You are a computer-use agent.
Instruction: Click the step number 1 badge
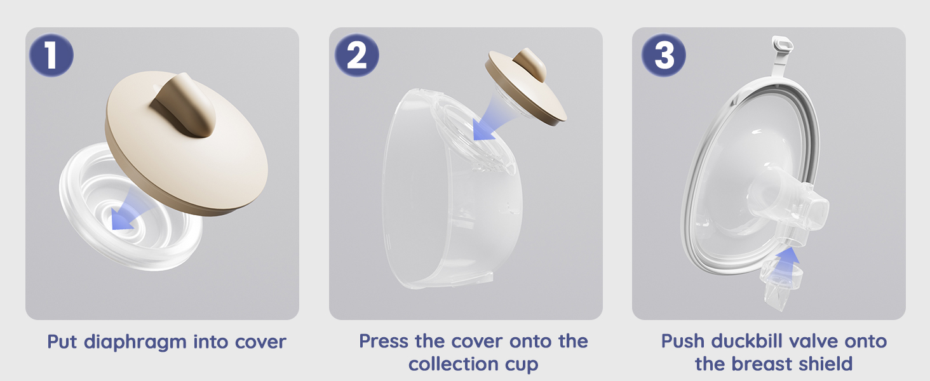click(51, 55)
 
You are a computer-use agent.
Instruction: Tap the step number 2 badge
click(356, 55)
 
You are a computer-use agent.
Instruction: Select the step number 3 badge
click(663, 55)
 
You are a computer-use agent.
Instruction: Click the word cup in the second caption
click(522, 366)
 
